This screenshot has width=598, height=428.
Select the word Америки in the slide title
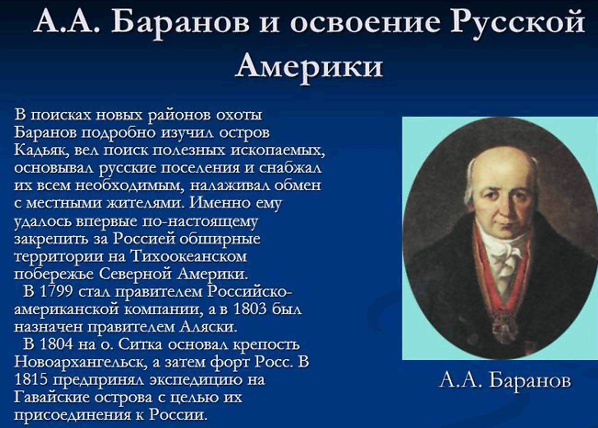click(309, 65)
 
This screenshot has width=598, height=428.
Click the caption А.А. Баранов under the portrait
click(505, 380)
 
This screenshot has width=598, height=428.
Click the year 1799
click(56, 291)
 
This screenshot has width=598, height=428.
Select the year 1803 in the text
click(249, 309)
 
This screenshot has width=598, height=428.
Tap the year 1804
click(56, 344)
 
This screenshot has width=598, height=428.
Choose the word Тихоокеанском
click(188, 256)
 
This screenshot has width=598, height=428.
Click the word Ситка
click(141, 344)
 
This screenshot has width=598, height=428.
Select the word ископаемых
click(277, 151)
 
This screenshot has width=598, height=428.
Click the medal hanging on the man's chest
click(502, 325)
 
